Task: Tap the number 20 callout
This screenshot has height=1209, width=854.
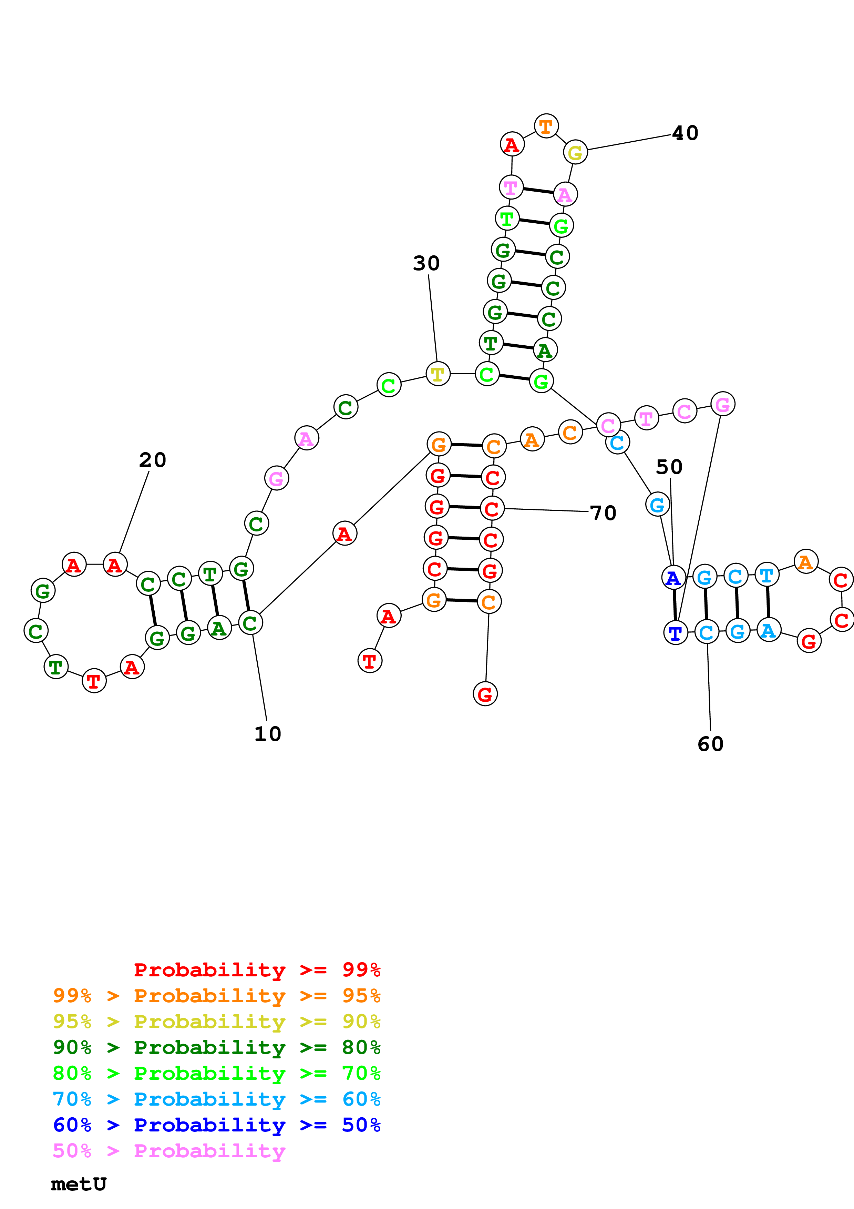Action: pyautogui.click(x=153, y=460)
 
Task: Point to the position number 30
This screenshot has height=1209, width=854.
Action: pyautogui.click(x=426, y=263)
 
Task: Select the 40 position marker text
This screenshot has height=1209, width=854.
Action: pyautogui.click(x=685, y=133)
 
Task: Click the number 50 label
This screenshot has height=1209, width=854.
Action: pyautogui.click(x=669, y=467)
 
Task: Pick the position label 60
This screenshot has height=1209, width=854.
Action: pyautogui.click(x=710, y=744)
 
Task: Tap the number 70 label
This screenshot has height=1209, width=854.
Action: pyautogui.click(x=603, y=513)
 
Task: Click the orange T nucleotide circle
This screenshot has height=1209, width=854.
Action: pyautogui.click(x=546, y=126)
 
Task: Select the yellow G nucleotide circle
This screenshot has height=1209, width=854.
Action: pyautogui.click(x=575, y=153)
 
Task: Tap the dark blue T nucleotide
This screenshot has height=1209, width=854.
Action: pyautogui.click(x=676, y=632)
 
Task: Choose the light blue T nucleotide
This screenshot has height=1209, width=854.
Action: pyautogui.click(x=766, y=575)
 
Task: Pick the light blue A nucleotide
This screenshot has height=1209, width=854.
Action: pyautogui.click(x=768, y=630)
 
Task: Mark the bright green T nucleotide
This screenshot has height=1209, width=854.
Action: pyautogui.click(x=507, y=218)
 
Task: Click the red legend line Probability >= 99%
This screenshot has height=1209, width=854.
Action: pyautogui.click(x=257, y=970)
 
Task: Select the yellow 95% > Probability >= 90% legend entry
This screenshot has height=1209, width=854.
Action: pyautogui.click(x=217, y=1022)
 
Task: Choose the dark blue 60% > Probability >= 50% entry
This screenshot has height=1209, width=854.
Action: pyautogui.click(x=217, y=1125)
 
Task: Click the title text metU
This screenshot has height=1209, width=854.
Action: pyautogui.click(x=79, y=1184)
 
